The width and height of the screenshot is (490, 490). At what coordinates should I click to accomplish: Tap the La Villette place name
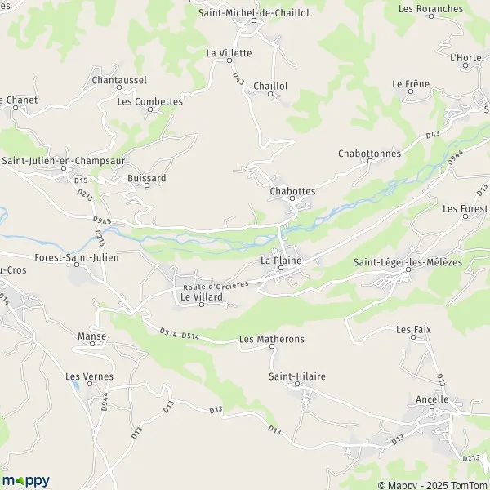point(229,53)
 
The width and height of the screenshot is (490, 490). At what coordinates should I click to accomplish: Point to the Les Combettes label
point(149,102)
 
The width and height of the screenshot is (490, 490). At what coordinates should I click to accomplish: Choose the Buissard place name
point(147,177)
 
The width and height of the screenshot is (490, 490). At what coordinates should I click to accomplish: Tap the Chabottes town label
point(292,191)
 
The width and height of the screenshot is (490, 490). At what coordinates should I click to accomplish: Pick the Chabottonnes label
point(367,153)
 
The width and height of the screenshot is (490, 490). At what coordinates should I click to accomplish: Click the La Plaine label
point(281,261)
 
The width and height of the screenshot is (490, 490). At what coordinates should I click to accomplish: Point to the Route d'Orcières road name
point(215,286)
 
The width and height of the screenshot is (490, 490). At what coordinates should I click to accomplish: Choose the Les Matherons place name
point(271,338)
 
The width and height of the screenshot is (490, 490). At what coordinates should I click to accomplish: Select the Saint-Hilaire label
point(297,376)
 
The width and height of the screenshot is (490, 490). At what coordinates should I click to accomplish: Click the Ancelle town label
point(432,399)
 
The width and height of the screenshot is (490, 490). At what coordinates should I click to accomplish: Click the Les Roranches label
point(430,9)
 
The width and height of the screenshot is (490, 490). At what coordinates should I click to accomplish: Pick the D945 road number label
point(101,220)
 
